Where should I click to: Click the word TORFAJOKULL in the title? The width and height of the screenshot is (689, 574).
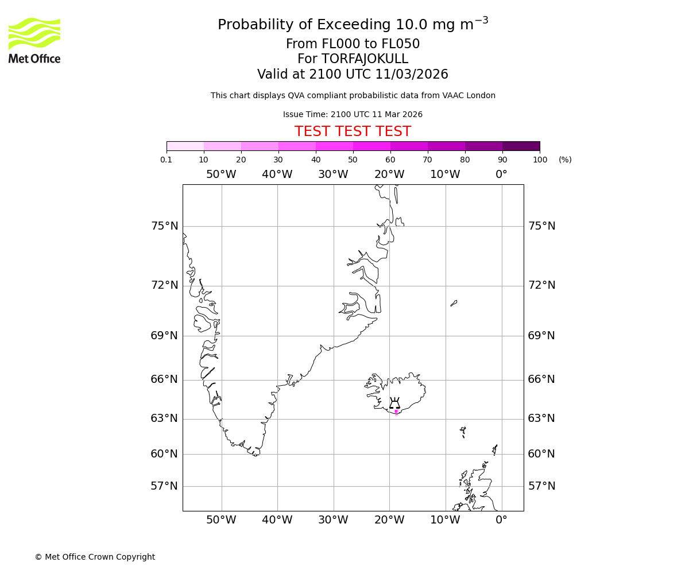pos(365,59)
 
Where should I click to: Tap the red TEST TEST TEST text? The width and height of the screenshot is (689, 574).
pos(353,132)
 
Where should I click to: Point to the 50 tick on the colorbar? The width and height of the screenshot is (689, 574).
pos(353,160)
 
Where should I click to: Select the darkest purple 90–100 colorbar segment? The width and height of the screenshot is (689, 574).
pos(521,146)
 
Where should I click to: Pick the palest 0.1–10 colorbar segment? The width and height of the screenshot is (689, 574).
pos(185,146)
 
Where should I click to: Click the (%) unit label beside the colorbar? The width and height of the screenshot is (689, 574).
pos(565,160)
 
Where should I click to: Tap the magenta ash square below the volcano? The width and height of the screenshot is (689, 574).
pos(396,411)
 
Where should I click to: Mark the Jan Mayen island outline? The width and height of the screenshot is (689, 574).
pos(454,303)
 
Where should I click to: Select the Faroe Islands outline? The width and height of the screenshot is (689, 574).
pos(463,432)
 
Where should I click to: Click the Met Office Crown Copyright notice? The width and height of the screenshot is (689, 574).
pos(95,557)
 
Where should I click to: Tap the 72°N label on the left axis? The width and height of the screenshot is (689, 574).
pos(164,285)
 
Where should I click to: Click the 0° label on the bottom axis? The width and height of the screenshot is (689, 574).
pos(501,520)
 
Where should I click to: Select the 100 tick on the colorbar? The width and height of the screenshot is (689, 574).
pos(540,160)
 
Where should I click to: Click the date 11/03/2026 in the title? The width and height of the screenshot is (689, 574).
pos(412,75)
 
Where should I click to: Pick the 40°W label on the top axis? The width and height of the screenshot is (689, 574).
pos(277,174)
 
